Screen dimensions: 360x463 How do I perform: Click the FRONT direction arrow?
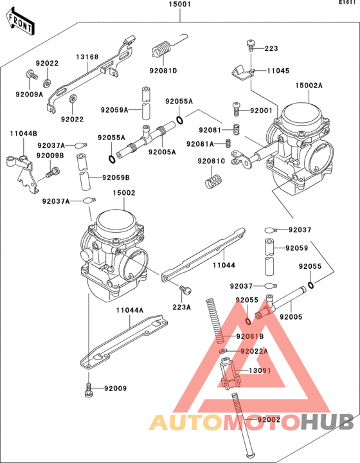point(20,22)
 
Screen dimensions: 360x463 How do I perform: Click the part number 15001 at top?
point(180,5)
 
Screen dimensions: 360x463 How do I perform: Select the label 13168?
point(87,57)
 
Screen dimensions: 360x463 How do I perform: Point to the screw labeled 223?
point(251,45)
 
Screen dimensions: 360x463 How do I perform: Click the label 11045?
point(278,71)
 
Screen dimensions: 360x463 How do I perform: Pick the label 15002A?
point(309,86)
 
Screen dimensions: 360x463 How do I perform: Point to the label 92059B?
point(116,177)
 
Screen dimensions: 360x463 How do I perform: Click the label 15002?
point(124,193)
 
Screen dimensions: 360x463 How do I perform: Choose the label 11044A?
point(130,311)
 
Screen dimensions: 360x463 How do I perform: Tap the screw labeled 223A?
point(185,289)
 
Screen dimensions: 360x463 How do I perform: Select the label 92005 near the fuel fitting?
point(291,317)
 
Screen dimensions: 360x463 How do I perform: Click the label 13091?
point(260,370)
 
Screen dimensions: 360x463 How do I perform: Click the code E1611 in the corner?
point(346,3)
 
